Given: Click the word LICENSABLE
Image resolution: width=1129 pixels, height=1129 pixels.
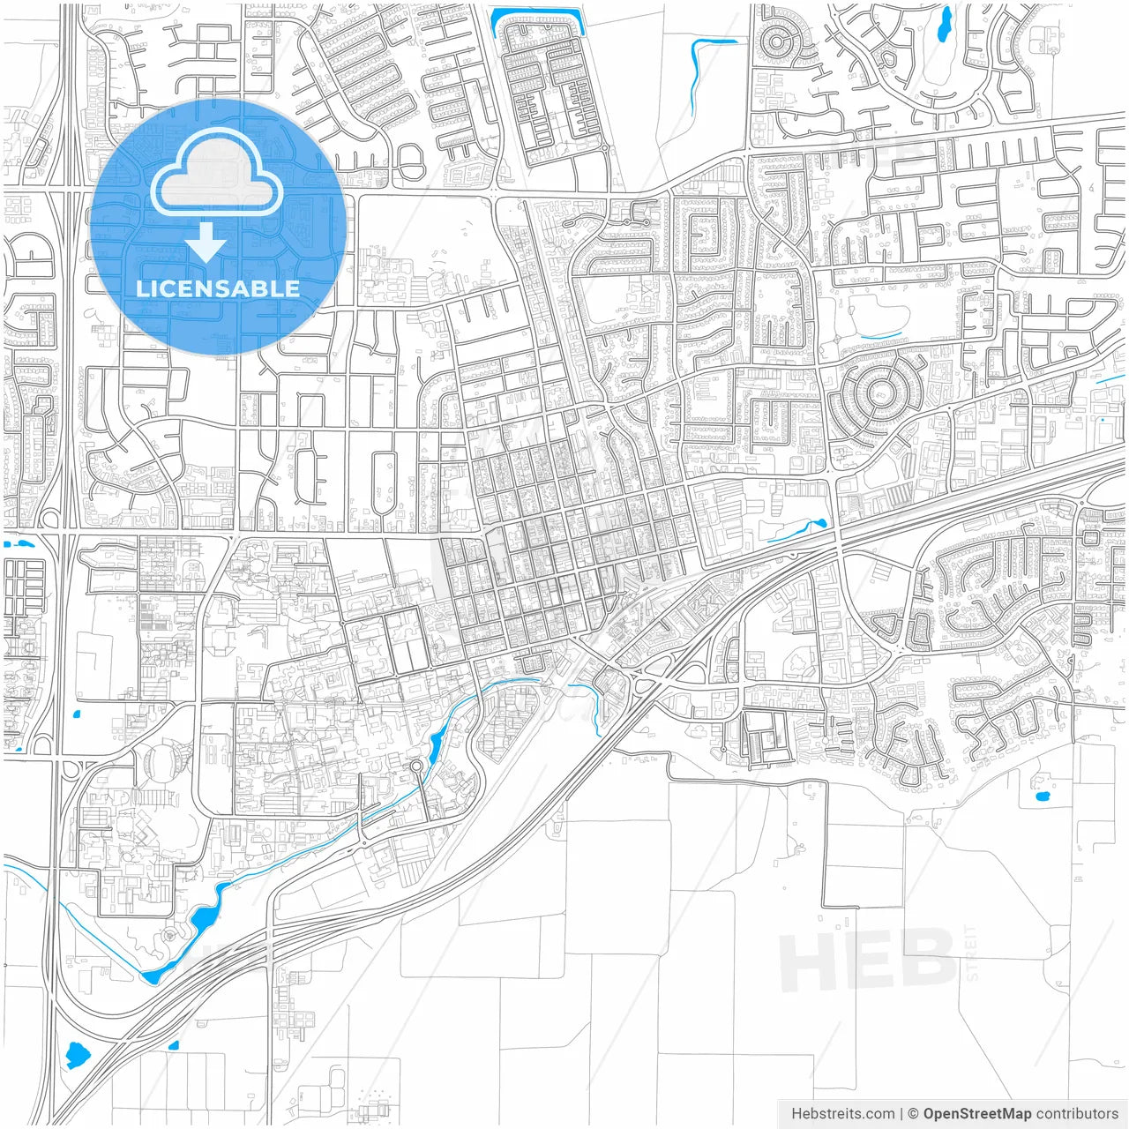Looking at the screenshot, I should click(x=218, y=288).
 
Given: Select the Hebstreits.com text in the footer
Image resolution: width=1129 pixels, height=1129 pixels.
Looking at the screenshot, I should click(x=842, y=1114).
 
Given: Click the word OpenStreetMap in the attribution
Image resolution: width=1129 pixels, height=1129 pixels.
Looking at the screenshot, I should click(x=976, y=1114).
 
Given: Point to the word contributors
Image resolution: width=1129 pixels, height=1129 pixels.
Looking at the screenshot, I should click(x=1077, y=1114).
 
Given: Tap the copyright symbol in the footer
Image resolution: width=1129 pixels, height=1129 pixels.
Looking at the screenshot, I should click(x=913, y=1114).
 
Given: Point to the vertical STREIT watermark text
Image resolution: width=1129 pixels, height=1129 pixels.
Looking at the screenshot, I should click(x=971, y=953).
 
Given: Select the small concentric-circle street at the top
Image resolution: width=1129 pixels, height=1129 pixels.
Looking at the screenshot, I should click(x=777, y=41).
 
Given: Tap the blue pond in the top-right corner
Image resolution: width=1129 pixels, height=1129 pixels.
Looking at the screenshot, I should click(x=945, y=24).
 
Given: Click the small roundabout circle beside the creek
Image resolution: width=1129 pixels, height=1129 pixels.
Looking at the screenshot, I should click(x=416, y=766).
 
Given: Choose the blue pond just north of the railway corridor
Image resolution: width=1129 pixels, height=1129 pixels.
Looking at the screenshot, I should click(x=798, y=529).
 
